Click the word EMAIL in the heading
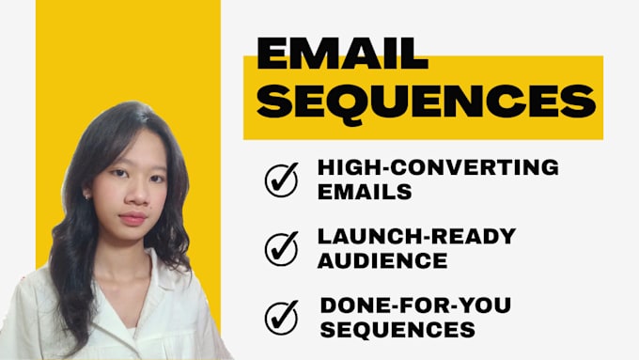(x=342, y=55)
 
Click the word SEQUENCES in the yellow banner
(x=426, y=101)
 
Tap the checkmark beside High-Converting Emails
(x=281, y=179)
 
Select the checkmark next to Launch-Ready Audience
(x=281, y=247)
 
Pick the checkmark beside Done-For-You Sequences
(x=281, y=317)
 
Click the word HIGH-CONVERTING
(x=438, y=167)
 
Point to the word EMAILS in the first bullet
(x=366, y=191)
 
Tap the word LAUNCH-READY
(x=416, y=235)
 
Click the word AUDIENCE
(x=381, y=259)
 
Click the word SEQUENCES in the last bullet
(x=396, y=329)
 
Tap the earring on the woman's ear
(x=87, y=196)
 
